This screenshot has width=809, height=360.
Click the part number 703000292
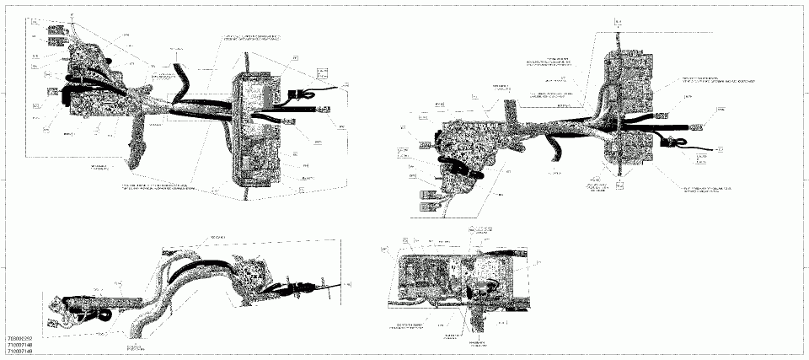(18, 338)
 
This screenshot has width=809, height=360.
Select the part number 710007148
(18, 345)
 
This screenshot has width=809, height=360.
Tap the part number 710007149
(18, 352)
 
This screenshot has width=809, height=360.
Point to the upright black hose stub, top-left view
(179, 76)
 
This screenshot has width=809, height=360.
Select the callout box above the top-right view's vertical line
(619, 21)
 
